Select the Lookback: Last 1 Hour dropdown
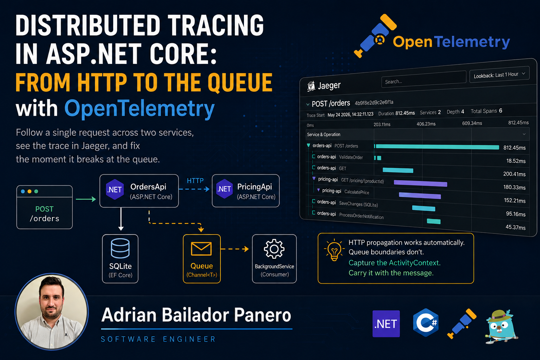[499, 75]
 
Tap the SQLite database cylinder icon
[120, 248]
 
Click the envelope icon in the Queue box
[201, 249]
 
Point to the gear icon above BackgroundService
[274, 249]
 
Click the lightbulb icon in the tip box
[334, 250]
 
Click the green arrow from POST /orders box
[86, 199]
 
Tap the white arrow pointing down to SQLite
[121, 219]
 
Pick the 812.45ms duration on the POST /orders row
[514, 148]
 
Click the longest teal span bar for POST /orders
[437, 147]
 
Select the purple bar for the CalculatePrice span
[420, 195]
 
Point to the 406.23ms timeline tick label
[426, 124]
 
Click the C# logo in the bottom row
[426, 323]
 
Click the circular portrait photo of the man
[52, 311]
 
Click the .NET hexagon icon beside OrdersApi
[115, 189]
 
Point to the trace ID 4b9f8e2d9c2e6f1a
[374, 102]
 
